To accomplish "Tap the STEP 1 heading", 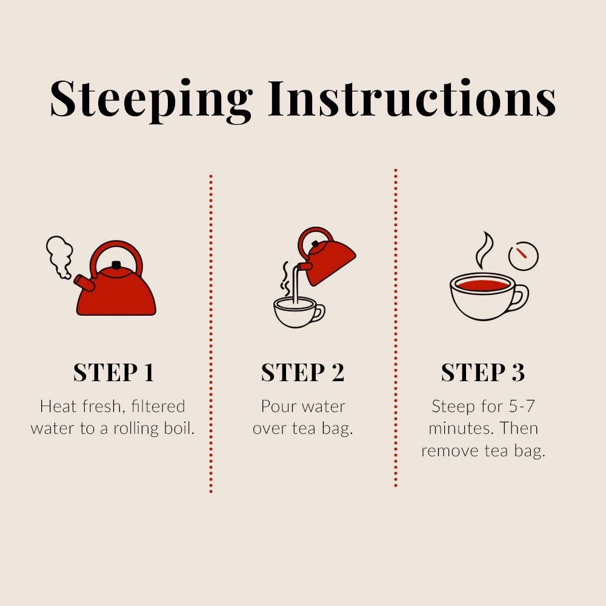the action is click(114, 372).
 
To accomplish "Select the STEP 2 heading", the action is click(302, 372).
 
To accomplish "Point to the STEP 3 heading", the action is click(483, 372).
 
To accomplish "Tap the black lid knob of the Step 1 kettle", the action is click(116, 265).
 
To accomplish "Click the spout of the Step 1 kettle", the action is click(84, 282).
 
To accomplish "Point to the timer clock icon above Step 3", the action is click(524, 256).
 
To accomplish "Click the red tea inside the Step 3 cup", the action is click(482, 285).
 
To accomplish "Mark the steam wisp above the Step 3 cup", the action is click(484, 250).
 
